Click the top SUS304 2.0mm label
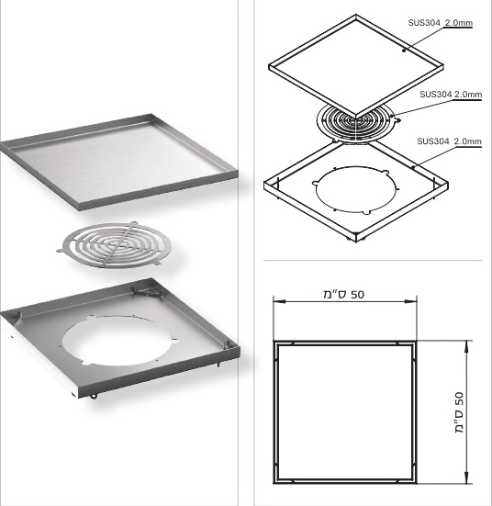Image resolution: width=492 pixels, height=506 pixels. (x=440, y=23)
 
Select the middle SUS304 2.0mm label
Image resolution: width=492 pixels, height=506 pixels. (x=451, y=95)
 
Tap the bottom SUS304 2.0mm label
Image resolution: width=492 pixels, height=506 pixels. (x=449, y=141)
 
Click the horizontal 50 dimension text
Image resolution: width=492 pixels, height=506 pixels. (x=344, y=294)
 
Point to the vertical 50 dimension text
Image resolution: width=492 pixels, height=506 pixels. (x=460, y=412)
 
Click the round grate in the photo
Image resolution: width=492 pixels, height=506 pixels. (x=114, y=245)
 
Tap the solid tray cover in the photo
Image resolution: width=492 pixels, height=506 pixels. (x=118, y=162)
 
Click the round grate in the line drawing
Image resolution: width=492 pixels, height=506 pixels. (x=356, y=123)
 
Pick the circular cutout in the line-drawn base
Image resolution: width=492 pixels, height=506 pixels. (x=356, y=189)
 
